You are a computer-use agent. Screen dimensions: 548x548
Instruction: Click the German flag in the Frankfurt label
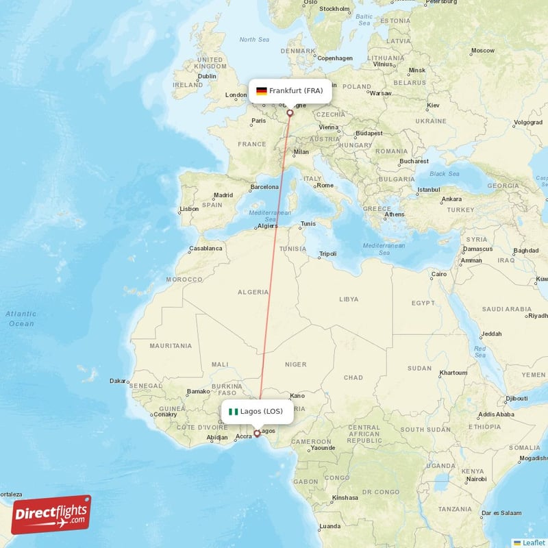point(261,90)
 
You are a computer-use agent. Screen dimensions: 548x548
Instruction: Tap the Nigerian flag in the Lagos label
point(234,412)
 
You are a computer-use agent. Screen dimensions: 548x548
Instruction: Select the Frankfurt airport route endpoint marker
point(290,113)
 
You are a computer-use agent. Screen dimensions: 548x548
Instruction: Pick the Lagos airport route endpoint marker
point(257,433)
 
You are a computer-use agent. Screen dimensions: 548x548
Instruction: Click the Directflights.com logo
point(51,514)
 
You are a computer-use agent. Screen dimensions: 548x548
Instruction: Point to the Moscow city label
point(482,50)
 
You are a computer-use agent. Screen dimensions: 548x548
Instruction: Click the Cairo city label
point(438,274)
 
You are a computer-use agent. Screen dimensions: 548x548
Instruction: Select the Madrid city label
point(223,195)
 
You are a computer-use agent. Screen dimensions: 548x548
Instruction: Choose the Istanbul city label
point(428,189)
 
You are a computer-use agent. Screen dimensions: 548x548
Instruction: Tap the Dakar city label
point(118,381)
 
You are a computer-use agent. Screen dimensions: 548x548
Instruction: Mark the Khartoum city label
point(453,373)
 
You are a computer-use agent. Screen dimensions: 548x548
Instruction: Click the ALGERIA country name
point(253,292)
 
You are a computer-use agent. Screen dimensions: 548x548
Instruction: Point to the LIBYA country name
point(349,299)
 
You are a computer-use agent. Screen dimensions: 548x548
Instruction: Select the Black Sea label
point(444,173)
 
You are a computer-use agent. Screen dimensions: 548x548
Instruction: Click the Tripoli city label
point(327,253)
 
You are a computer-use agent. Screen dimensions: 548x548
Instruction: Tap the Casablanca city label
point(206,248)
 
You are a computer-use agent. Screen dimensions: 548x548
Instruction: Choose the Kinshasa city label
point(345,497)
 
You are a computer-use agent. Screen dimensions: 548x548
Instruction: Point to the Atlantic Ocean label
point(21,319)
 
